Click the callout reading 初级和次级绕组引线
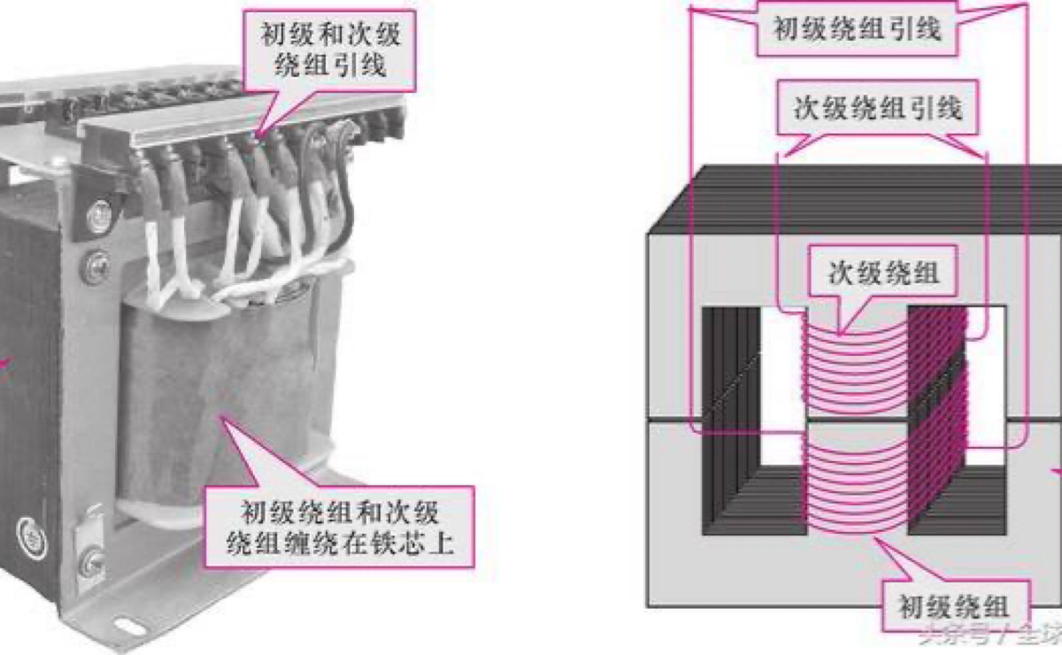(329, 49)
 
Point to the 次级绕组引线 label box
(876, 109)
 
